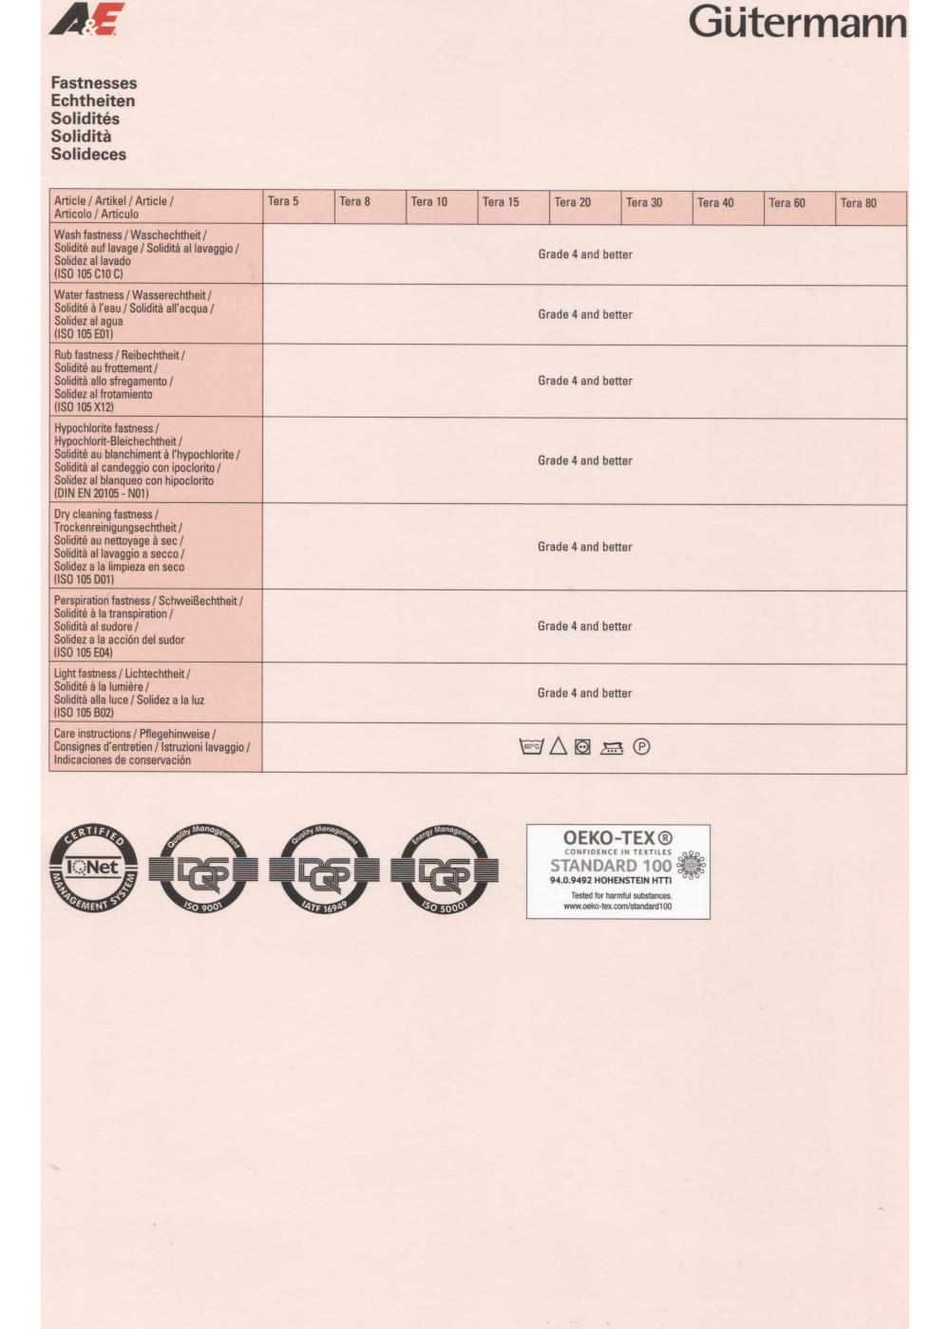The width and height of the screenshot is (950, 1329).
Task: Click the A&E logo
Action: click(86, 20)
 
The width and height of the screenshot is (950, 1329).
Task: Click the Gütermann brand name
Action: click(797, 22)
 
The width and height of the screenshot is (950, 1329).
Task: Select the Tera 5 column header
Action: click(283, 201)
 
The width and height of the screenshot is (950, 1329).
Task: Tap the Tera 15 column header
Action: click(501, 202)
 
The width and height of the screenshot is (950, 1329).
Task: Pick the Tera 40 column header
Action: click(715, 202)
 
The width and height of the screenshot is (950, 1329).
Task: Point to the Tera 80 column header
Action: click(858, 203)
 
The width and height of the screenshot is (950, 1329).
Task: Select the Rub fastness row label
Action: click(120, 381)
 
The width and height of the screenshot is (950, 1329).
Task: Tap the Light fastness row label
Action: click(129, 693)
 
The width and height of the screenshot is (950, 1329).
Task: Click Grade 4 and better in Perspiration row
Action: click(584, 627)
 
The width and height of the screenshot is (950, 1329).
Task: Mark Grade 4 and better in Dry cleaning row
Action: click(584, 547)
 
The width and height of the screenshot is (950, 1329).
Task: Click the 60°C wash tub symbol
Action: click(531, 747)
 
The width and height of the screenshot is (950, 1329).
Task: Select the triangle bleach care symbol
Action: click(558, 747)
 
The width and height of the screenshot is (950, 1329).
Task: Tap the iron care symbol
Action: click(612, 748)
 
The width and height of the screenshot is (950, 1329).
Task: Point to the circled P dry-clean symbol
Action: click(641, 747)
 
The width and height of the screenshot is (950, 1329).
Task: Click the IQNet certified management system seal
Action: click(93, 868)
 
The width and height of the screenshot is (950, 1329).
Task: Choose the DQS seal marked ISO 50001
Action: click(445, 870)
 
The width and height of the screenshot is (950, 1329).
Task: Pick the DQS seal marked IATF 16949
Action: click(324, 870)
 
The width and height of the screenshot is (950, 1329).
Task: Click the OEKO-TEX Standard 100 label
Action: click(617, 871)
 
